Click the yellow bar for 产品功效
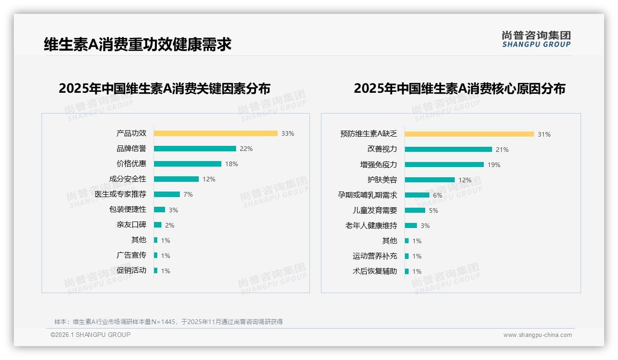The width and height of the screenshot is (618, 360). (x=215, y=133)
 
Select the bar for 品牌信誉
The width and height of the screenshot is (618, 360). (x=195, y=149)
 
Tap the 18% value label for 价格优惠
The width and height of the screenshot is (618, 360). (x=232, y=164)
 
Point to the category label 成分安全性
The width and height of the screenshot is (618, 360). (x=128, y=179)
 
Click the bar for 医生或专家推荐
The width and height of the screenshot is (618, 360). (x=166, y=194)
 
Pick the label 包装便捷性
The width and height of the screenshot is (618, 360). (x=128, y=210)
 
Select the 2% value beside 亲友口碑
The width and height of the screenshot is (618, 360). (x=170, y=225)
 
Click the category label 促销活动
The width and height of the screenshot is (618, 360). (x=131, y=270)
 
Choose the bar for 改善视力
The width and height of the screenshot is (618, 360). (x=448, y=150)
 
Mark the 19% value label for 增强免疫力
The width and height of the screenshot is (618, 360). (x=494, y=165)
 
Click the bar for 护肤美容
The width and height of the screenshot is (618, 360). (x=430, y=180)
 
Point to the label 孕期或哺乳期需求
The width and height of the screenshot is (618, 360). (x=368, y=195)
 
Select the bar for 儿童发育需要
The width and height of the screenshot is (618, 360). (x=415, y=210)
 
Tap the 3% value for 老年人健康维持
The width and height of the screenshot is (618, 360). (x=425, y=226)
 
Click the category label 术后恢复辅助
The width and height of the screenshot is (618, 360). (x=375, y=271)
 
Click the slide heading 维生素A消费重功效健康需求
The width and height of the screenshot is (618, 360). (x=137, y=44)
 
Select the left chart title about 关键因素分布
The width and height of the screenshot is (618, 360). (x=164, y=88)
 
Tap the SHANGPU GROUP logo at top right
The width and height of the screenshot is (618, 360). (x=536, y=39)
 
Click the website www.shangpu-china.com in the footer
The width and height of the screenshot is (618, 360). (x=537, y=335)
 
